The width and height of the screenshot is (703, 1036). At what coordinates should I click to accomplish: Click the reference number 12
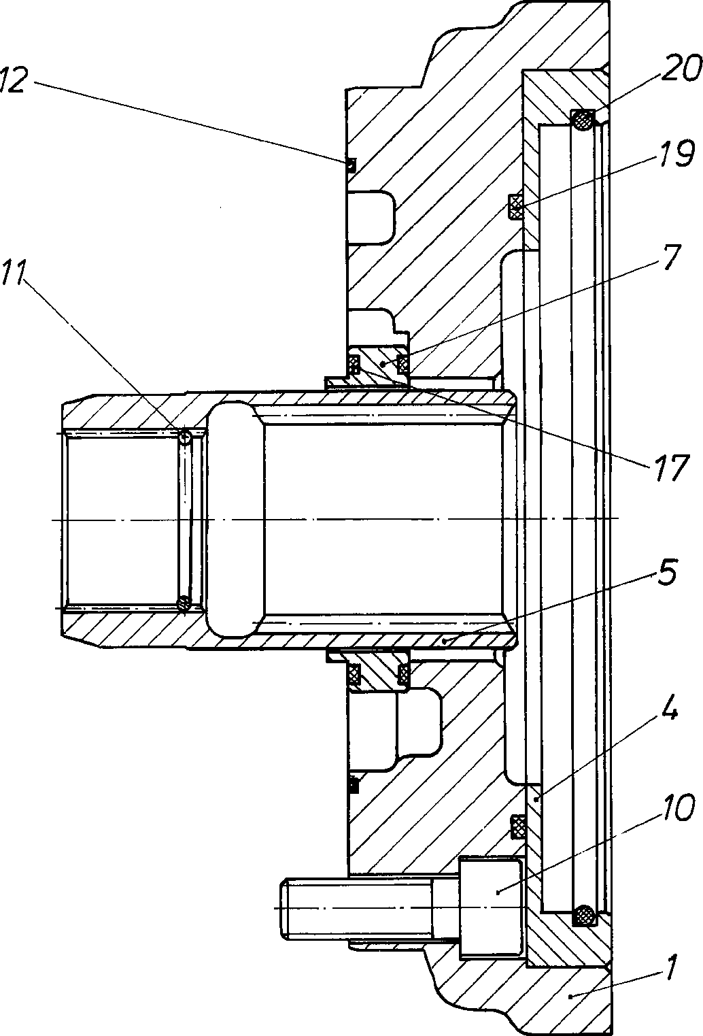[12, 81]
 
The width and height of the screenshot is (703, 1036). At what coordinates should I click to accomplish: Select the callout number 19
[675, 154]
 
